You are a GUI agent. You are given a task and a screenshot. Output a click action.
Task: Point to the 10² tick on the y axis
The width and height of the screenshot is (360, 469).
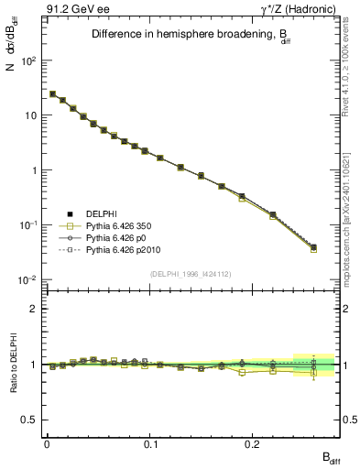pos(29,60)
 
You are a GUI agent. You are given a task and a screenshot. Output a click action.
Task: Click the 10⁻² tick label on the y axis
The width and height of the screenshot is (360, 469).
pos(28,280)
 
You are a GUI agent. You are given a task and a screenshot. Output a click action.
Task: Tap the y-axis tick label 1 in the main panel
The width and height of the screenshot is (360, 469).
pos(35,170)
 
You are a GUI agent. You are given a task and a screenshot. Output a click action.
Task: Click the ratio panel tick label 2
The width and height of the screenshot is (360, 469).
pos(34,309)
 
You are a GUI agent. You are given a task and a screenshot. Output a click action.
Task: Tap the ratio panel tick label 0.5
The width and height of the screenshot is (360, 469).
pos(30,420)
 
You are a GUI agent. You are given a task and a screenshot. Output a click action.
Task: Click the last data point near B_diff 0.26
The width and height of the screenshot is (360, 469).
pos(313,247)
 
